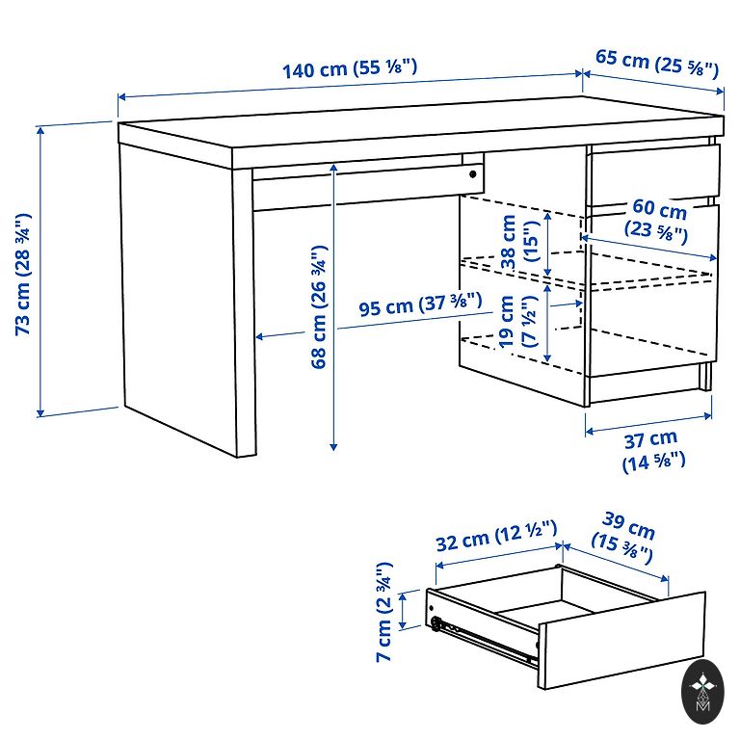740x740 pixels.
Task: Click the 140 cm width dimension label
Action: (x=350, y=69)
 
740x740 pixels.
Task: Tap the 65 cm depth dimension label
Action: (x=656, y=64)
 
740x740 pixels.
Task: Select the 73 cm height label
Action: (x=23, y=275)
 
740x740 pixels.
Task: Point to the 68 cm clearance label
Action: (x=319, y=306)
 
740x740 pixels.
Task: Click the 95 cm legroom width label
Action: (x=420, y=304)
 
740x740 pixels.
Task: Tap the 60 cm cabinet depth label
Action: (x=656, y=219)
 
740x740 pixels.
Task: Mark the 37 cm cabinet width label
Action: (x=652, y=451)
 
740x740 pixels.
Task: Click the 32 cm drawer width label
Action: (x=496, y=536)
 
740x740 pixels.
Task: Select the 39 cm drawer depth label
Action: (x=624, y=538)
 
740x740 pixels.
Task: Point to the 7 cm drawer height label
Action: (x=384, y=612)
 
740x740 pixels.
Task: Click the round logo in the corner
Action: (x=702, y=692)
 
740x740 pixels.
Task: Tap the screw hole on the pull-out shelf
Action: (x=472, y=174)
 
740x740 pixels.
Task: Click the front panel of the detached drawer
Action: (x=622, y=640)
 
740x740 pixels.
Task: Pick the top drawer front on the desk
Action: (x=654, y=175)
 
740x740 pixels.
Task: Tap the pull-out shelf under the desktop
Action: (x=368, y=185)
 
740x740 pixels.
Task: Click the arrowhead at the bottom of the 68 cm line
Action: (x=333, y=445)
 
